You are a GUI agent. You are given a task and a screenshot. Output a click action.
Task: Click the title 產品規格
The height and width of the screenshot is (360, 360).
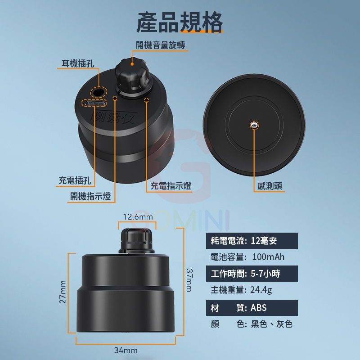180,22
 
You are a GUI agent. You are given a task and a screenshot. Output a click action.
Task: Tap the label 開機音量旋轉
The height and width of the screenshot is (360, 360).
161,45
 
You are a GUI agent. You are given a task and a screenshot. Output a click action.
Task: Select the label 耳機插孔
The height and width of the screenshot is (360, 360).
78,63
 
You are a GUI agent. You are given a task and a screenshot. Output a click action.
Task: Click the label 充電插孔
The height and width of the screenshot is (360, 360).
75,180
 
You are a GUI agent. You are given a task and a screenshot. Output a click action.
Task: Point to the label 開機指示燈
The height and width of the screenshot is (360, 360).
90,196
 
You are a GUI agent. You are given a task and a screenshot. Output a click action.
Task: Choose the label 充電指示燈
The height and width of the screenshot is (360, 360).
171,186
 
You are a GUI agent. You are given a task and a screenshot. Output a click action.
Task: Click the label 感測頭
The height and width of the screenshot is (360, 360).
270,186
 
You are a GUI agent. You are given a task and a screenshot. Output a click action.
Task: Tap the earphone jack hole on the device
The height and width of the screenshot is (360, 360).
99,93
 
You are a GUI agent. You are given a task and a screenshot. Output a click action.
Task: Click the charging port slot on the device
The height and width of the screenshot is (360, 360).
94,103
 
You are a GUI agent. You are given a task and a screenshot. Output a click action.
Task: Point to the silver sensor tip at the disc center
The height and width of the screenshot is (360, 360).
254,125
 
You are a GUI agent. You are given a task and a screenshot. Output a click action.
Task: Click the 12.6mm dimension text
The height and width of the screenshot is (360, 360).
138,217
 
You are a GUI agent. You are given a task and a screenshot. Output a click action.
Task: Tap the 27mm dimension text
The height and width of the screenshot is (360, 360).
63,292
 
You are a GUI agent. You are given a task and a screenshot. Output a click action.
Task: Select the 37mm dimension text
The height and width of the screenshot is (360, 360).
189,280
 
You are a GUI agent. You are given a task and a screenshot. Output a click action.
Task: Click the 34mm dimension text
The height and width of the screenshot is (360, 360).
126,351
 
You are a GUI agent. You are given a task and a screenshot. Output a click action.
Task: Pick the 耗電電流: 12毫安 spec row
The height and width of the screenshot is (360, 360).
252,241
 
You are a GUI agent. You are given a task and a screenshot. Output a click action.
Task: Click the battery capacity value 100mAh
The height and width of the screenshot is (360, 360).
268,257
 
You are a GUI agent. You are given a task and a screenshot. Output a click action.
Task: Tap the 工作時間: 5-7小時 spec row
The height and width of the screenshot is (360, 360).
252,274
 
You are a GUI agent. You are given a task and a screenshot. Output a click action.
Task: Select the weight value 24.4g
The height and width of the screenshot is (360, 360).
261,290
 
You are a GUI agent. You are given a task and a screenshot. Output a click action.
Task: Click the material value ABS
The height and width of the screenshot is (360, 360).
258,308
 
